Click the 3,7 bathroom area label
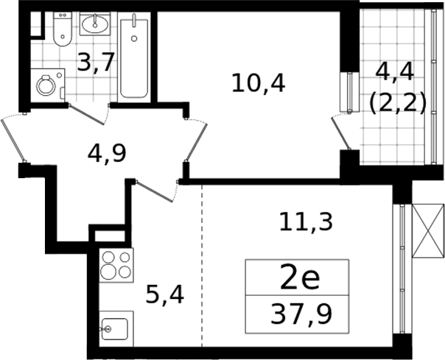pyautogui.click(x=97, y=63)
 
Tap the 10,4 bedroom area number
pyautogui.click(x=258, y=82)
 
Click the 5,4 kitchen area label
pyautogui.click(x=164, y=296)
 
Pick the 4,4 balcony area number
pyautogui.click(x=397, y=73)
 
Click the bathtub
pyautogui.click(x=134, y=57)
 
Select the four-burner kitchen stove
pyautogui.click(x=116, y=265)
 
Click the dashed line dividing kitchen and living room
pyautogui.click(x=201, y=272)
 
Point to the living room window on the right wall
pyautogui.click(x=402, y=269)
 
